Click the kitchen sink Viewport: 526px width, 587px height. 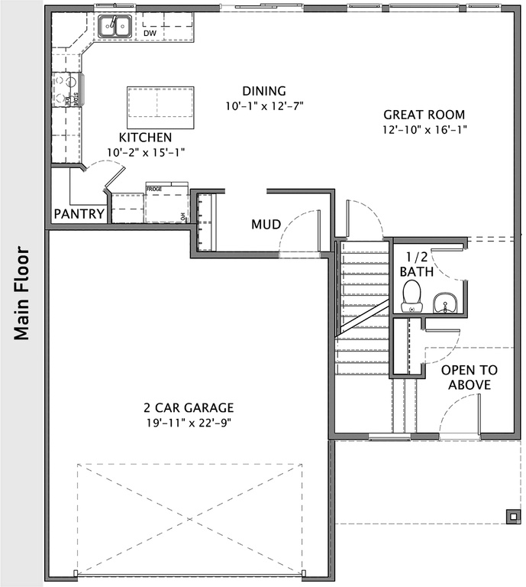114,27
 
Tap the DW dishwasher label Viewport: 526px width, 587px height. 150,34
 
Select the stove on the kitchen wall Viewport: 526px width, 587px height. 66,91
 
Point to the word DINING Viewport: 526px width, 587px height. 264,91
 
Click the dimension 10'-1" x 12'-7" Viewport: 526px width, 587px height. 264,105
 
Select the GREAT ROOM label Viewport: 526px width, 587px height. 424,115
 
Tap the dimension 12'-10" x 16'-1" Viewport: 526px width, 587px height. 424,129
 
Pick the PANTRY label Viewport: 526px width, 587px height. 79,214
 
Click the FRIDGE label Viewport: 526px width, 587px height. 154,188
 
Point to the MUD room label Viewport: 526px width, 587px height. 266,224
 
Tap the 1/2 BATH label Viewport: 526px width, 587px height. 418,264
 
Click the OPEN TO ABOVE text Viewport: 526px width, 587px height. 469,378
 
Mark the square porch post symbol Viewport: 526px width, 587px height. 510,514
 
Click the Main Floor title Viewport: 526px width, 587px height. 21,293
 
